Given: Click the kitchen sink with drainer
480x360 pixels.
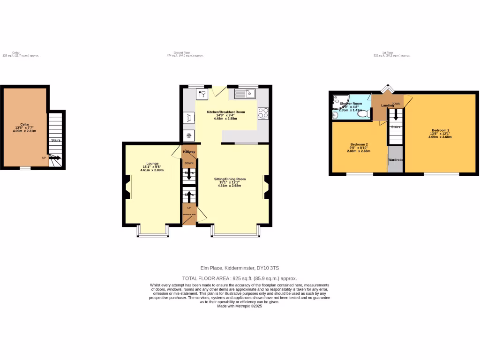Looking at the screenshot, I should point(244,94).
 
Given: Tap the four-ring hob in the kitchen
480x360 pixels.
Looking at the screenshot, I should point(263,113).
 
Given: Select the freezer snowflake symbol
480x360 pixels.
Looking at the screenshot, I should point(189,136).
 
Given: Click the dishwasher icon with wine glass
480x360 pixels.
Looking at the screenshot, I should point(202,94).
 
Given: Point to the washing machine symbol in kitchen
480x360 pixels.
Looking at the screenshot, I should point(189,118).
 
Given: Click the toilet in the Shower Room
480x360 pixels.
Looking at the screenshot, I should point(363,113).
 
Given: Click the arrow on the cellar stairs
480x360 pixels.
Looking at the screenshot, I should point(55,158).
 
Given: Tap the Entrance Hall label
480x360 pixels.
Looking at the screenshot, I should point(189,215).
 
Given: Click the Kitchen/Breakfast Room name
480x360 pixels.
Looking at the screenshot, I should point(225,112).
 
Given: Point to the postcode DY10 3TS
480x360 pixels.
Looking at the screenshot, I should point(268,268).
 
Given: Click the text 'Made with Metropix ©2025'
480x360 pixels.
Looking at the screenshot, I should point(240,306).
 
